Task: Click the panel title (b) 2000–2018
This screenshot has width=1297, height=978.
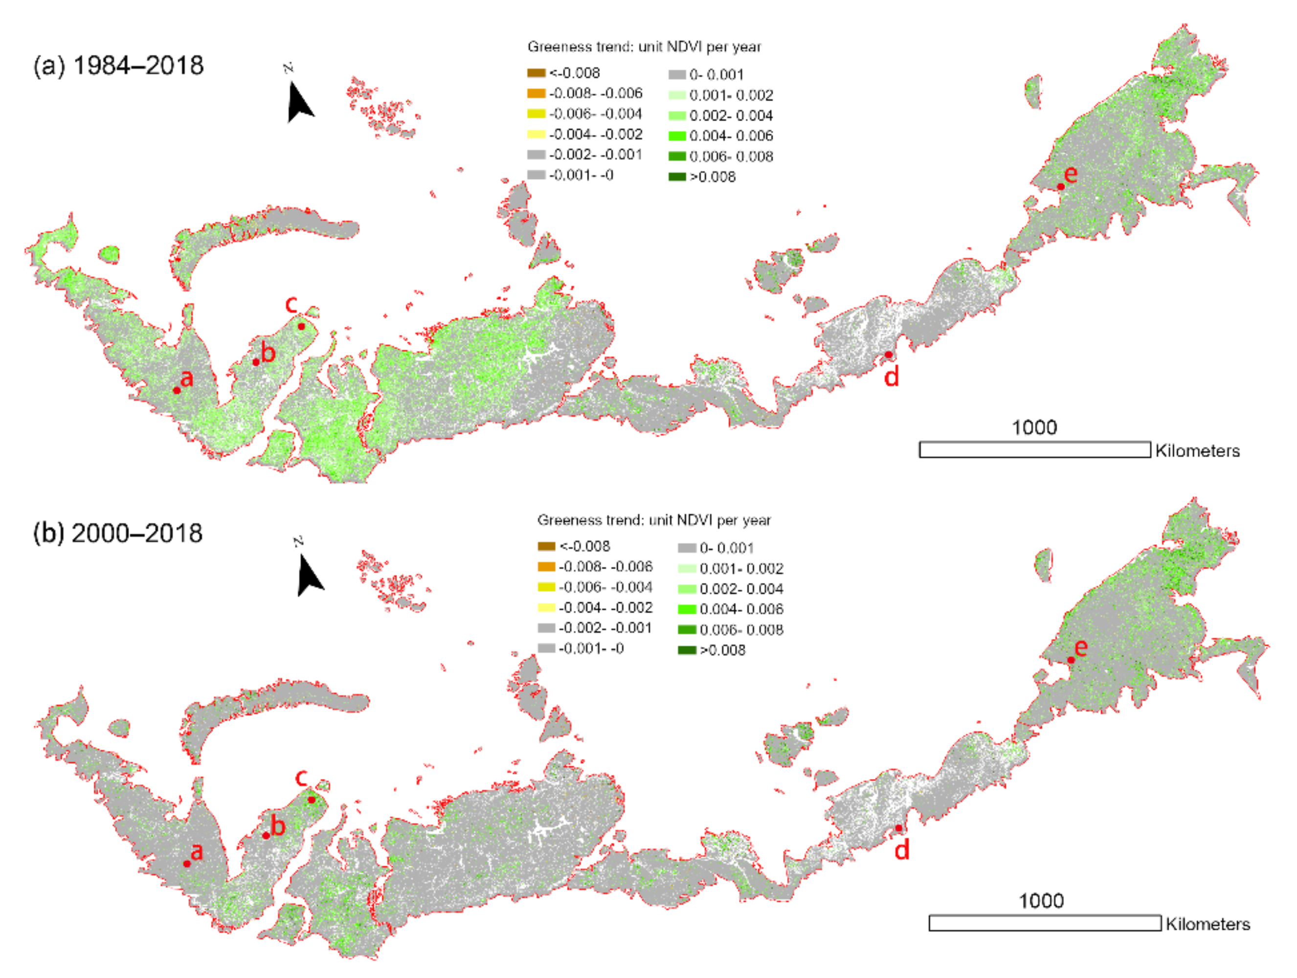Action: (118, 533)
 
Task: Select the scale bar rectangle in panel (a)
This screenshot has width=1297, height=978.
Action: (1034, 450)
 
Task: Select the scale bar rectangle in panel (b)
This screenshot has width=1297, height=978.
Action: (1044, 923)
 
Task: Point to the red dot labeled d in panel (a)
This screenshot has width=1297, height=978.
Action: (888, 355)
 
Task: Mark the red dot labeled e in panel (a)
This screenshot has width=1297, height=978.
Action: (1061, 187)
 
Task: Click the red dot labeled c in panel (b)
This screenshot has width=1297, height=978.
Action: (312, 800)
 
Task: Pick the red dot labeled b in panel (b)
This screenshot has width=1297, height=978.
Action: (266, 836)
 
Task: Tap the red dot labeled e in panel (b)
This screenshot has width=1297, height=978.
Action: (1071, 660)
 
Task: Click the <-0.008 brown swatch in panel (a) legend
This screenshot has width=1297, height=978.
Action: (536, 73)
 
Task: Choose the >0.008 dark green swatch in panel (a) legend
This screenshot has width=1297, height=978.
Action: (677, 177)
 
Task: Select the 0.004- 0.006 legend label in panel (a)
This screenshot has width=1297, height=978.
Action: (731, 136)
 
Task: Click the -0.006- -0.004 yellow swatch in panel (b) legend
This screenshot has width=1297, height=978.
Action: (546, 587)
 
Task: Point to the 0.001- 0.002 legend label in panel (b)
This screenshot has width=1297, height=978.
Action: (741, 568)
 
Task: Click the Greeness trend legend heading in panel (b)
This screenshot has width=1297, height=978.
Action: (654, 520)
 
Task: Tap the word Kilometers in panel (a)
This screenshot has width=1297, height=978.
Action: (1197, 451)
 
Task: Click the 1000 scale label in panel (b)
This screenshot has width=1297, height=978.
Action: (1041, 901)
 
